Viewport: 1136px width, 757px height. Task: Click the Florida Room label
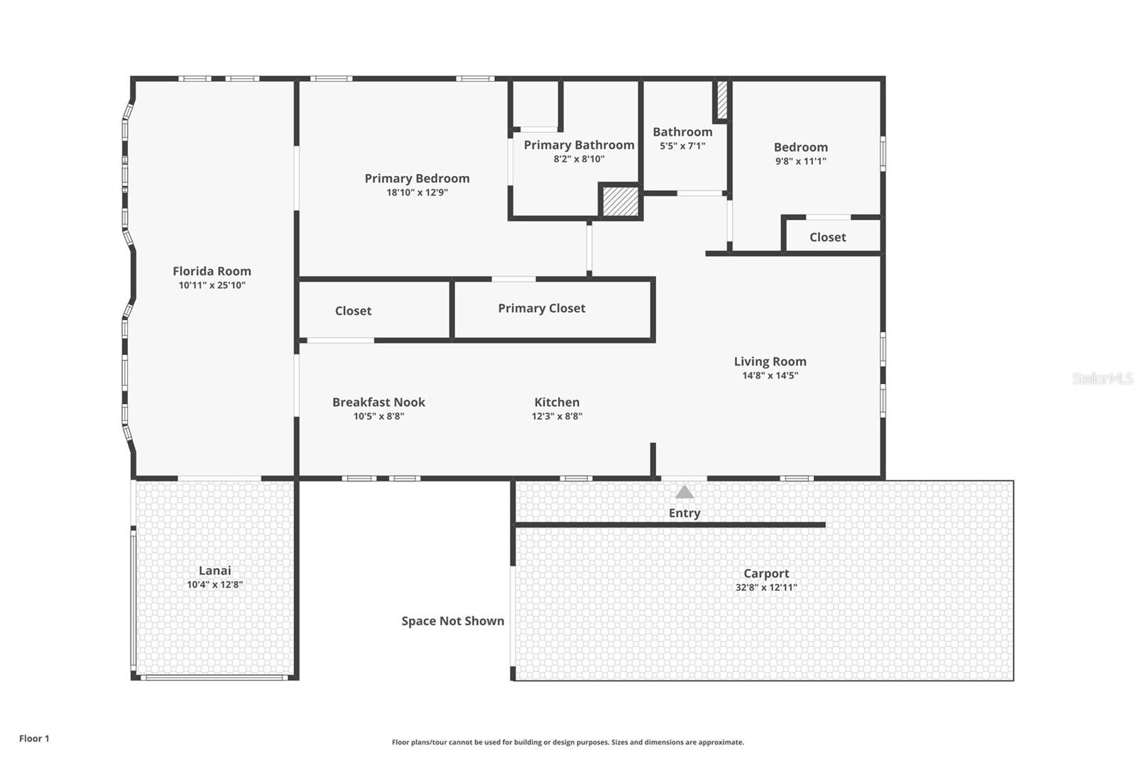coord(212,271)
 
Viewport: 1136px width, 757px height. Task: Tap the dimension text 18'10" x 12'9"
coord(417,192)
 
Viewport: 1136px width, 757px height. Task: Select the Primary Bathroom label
coord(579,145)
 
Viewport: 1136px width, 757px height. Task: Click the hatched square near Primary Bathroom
coord(621,201)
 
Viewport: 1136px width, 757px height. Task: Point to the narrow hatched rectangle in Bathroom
coord(722,101)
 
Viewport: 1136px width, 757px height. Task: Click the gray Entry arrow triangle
coord(684,491)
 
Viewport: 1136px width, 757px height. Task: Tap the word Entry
coord(684,513)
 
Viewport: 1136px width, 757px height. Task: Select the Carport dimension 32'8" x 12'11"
coord(766,587)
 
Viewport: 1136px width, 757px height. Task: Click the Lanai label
coord(214,570)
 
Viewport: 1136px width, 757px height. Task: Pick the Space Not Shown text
coord(453,621)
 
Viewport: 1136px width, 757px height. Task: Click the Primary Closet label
coord(541,308)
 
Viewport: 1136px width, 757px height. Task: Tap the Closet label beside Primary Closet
coord(353,311)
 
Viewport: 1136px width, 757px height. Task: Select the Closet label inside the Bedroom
coord(827,237)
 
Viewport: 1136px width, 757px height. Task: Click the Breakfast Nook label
coord(378,402)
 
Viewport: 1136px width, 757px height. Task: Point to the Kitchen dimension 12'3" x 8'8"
coord(557,416)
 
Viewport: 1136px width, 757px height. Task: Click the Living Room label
coord(770,361)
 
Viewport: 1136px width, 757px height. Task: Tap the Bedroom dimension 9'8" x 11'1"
coord(800,161)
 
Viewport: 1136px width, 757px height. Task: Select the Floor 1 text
coord(34,739)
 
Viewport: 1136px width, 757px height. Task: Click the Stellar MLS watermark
coord(1103,378)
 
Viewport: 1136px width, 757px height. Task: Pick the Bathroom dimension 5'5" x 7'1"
coord(682,146)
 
